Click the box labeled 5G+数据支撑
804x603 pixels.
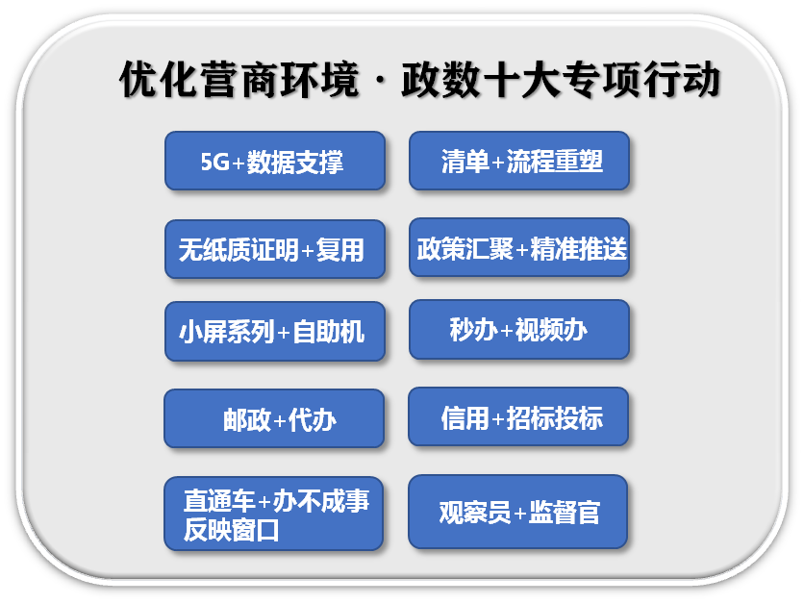[x=274, y=161]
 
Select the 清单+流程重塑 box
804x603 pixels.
[x=519, y=161]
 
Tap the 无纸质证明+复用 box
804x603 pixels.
[x=274, y=249]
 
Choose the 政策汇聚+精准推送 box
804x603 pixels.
[x=519, y=248]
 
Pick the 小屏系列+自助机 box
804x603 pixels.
[x=274, y=332]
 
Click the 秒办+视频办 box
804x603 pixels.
[x=519, y=330]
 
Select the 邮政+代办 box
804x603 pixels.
[x=274, y=419]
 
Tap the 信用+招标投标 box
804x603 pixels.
[x=519, y=417]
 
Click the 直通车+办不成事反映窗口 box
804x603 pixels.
[x=274, y=514]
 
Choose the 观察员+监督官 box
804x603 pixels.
[x=519, y=512]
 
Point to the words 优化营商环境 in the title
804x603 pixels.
[x=235, y=79]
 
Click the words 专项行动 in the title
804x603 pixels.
[x=654, y=79]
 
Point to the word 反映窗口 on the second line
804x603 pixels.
[x=231, y=529]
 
